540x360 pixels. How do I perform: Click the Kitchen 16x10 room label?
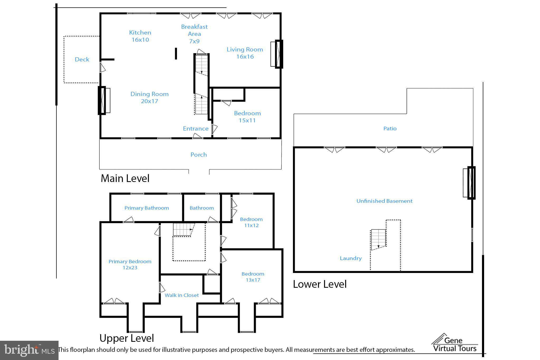tap(140, 36)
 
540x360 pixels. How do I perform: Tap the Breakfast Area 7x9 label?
tap(194, 34)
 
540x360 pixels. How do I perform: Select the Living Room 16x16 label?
tap(245, 53)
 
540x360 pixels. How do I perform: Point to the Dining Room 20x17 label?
tap(150, 98)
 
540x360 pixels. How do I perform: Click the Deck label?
tap(82, 59)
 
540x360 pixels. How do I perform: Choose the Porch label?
tap(199, 155)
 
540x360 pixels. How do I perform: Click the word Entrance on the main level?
tap(196, 128)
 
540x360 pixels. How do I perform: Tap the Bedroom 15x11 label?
tap(247, 117)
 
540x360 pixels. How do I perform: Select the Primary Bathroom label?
tap(147, 208)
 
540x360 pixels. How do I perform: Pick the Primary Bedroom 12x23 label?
tap(130, 265)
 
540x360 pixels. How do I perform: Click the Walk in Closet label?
tap(182, 295)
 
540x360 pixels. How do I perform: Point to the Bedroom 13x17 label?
tap(253, 277)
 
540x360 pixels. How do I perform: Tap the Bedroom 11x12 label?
tap(251, 222)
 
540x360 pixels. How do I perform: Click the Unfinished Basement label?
tap(384, 201)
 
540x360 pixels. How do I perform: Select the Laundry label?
tap(351, 258)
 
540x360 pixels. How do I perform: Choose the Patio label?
tap(390, 128)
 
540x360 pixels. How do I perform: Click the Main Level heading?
tap(125, 179)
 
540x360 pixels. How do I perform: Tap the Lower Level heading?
tap(320, 284)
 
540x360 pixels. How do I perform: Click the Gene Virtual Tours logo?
tap(455, 343)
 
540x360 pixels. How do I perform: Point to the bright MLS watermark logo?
tap(29, 351)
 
